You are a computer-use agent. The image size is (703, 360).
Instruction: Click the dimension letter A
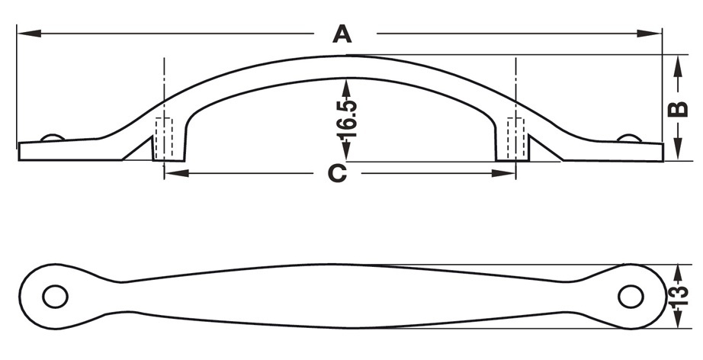[342, 34]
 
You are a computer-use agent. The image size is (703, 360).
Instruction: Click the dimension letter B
[678, 109]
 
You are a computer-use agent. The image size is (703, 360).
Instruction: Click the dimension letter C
[338, 173]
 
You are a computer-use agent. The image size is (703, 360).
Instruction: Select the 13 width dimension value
[679, 296]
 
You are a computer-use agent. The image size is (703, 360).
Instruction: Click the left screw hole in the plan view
[55, 297]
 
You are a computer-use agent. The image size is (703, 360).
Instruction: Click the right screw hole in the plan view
[631, 297]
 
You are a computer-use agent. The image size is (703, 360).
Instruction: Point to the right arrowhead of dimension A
[650, 33]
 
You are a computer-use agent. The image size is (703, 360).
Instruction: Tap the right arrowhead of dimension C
[504, 173]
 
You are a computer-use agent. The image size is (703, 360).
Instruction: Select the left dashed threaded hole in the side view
[164, 139]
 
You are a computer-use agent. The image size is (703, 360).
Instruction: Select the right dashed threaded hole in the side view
[516, 139]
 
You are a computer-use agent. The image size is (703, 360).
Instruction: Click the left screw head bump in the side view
[53, 137]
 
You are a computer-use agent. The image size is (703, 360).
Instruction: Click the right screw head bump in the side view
[628, 137]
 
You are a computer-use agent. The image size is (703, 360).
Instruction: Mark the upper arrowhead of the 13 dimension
[679, 275]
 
